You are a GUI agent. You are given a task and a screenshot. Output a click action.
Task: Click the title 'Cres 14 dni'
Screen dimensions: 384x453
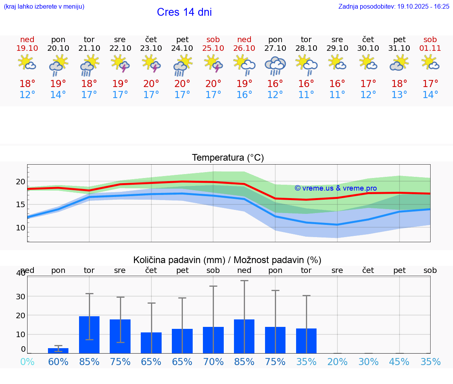click(184, 12)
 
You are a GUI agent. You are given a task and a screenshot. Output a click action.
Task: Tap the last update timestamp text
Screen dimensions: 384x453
click(394, 6)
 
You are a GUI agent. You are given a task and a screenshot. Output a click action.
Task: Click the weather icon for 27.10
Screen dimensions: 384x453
click(275, 65)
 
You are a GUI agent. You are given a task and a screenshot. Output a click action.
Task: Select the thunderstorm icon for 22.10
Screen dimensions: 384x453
click(120, 64)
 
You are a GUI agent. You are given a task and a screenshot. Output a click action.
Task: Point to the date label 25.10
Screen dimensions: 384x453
click(213, 48)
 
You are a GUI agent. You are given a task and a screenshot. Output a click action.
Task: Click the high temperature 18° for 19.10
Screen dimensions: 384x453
click(27, 83)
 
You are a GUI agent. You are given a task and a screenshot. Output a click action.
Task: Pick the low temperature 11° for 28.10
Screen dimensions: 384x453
click(306, 95)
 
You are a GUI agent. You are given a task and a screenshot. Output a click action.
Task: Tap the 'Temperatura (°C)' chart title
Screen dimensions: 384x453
click(228, 158)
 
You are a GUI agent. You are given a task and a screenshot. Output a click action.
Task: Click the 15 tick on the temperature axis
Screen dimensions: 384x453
click(21, 204)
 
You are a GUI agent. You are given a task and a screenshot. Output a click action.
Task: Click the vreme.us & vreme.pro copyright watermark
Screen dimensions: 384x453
click(335, 188)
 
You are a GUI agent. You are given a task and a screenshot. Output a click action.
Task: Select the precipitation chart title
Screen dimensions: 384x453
click(227, 260)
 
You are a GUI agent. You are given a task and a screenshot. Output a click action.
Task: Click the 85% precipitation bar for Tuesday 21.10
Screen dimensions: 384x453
click(89, 335)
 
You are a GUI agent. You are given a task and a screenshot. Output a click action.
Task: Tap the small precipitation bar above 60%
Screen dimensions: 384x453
click(58, 351)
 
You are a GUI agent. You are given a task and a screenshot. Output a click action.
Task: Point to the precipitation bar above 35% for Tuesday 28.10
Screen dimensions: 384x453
click(306, 341)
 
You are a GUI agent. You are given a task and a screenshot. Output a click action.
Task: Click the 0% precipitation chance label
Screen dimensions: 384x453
click(27, 362)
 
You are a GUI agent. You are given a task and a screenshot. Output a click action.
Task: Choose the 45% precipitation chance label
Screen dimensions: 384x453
click(400, 362)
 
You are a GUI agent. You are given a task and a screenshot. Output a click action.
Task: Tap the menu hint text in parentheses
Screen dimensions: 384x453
click(44, 6)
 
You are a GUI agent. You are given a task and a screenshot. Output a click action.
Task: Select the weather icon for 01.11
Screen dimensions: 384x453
click(430, 63)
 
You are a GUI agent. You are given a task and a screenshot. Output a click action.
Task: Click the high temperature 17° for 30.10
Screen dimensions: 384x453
click(368, 83)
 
